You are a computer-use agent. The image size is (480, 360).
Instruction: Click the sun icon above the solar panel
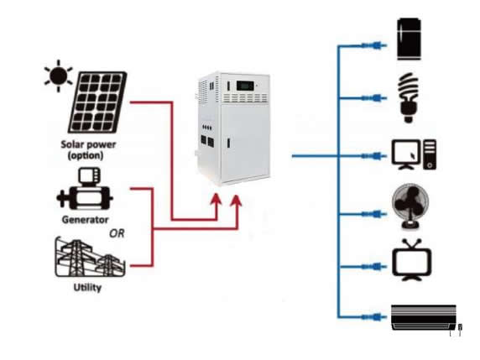pos(59,76)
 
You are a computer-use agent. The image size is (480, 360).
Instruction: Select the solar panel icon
pos(97,102)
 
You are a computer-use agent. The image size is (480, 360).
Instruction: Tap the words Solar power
pos(88,144)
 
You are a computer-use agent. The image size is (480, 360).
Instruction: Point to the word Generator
pos(85,220)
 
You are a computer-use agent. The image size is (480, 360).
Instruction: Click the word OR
pos(117,233)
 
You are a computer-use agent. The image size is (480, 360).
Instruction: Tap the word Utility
pos(87,288)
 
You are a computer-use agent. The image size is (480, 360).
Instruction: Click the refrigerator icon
pos(409,39)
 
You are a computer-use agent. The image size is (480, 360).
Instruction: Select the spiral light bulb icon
pos(408,97)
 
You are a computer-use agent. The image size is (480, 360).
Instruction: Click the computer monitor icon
pos(406,154)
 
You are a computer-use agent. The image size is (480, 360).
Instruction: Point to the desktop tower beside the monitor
pos(430,154)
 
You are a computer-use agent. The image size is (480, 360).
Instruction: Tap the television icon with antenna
pos(412,260)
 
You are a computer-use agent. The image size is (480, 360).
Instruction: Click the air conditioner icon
pos(425,318)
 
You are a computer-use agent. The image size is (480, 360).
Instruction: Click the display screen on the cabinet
pos(245,86)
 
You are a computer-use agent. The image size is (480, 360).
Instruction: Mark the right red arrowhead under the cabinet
pos(237,201)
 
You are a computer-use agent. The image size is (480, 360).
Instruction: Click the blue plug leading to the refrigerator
pos(373,45)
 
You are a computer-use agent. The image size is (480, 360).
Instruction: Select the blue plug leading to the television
pos(373,267)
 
